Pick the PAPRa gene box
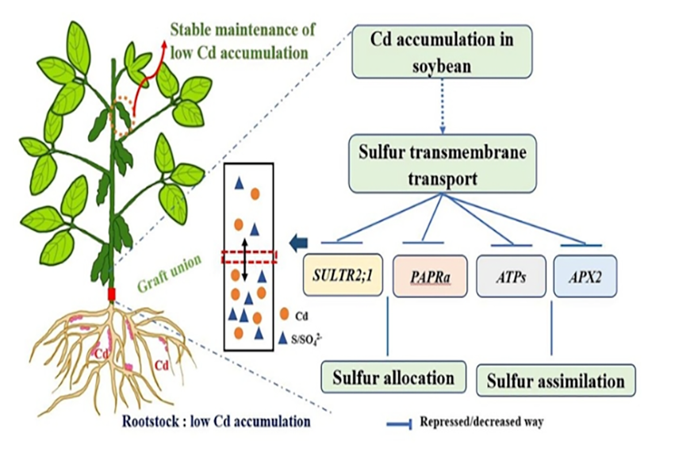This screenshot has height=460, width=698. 428,277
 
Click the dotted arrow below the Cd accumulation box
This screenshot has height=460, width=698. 441,109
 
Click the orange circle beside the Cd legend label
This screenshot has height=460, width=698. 274,313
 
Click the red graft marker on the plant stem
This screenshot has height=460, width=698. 112,295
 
